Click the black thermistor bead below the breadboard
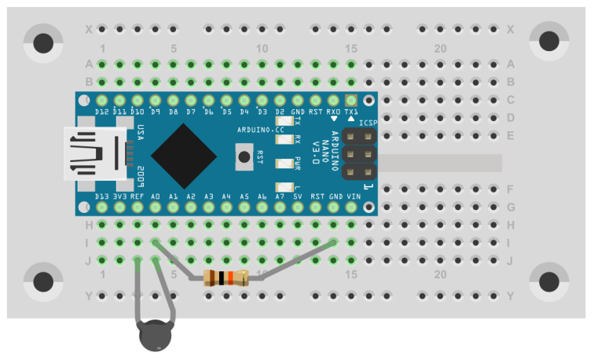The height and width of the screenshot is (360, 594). [155, 336]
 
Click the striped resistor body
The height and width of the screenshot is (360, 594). [226, 277]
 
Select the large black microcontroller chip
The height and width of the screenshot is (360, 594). [184, 154]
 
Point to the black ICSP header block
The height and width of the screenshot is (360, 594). [358, 154]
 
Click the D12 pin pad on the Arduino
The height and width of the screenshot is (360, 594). [102, 101]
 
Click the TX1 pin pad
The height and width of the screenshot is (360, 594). [351, 101]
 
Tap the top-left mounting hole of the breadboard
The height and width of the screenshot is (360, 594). [43, 42]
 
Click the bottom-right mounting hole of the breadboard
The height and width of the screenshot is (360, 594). [549, 281]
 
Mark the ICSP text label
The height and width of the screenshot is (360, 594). [368, 123]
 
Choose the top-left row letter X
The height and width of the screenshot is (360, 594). [89, 30]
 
